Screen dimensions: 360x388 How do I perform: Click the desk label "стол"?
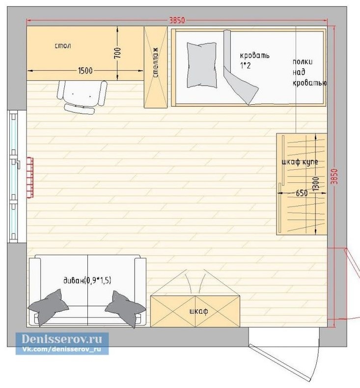click(63, 46)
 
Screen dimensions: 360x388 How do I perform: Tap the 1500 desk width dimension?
click(85, 71)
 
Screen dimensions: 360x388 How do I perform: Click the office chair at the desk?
click(82, 97)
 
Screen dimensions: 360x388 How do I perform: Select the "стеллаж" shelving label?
click(156, 63)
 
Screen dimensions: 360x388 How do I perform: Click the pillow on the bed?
click(202, 65)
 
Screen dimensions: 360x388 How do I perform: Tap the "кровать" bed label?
click(254, 55)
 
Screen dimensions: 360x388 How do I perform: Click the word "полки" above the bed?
click(303, 61)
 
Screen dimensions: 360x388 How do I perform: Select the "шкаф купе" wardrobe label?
click(300, 162)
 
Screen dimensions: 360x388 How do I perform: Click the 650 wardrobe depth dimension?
click(302, 193)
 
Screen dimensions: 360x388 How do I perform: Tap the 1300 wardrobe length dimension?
click(315, 184)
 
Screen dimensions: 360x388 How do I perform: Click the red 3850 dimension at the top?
click(177, 20)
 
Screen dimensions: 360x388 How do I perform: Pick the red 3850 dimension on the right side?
click(334, 176)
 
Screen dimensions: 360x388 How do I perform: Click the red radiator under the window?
click(30, 178)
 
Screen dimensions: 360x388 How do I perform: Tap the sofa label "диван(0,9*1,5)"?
click(87, 280)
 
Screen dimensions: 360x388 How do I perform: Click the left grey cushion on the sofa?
click(47, 307)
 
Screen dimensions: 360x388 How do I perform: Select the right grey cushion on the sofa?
click(125, 308)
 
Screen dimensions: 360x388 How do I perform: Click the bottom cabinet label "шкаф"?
click(198, 311)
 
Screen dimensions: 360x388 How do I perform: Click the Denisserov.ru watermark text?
click(62, 339)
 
